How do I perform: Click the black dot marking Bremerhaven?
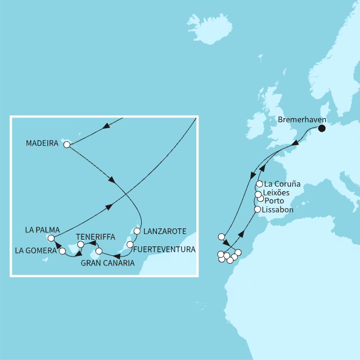tap(322, 128)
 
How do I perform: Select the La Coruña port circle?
tap(259, 184)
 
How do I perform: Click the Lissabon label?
tap(278, 209)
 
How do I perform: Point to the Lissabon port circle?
tap(258, 209)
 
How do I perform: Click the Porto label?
tap(274, 201)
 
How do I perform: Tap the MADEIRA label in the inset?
tap(43, 144)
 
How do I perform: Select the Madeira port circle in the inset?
tap(67, 145)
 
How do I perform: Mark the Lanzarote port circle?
tap(136, 231)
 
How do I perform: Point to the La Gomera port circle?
tap(62, 251)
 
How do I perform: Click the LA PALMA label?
tap(42, 229)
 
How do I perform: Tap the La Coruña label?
tap(282, 184)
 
